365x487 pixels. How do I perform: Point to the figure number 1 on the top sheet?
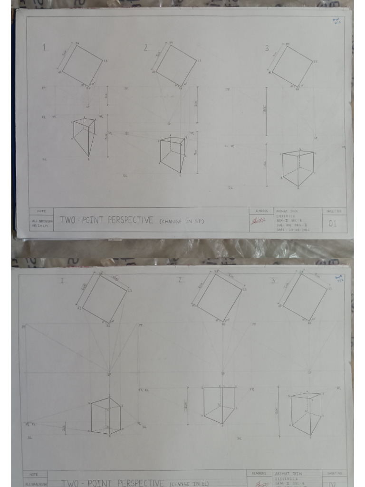point(45,47)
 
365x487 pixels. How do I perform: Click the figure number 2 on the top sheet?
point(146,48)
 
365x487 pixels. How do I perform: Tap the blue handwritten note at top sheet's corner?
point(337,21)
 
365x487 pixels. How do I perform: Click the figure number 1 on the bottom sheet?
point(62,281)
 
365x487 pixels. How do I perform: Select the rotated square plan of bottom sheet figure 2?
point(219,297)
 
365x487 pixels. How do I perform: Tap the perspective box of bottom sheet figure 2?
point(219,405)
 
